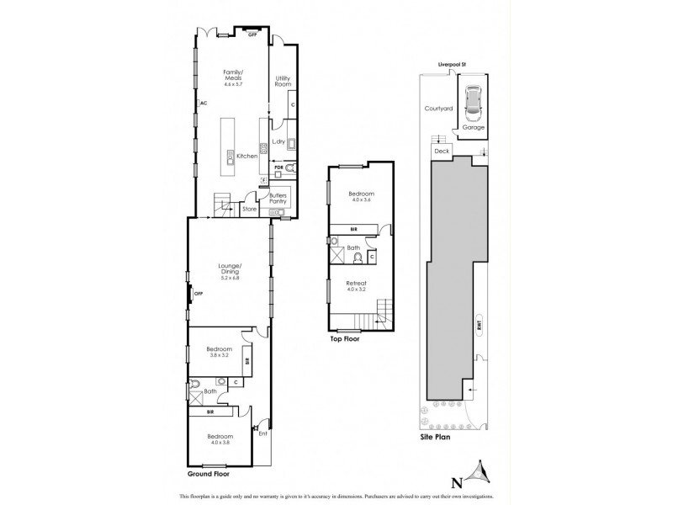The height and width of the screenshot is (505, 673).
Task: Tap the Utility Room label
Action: click(284, 82)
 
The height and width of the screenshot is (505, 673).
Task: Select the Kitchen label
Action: click(246, 156)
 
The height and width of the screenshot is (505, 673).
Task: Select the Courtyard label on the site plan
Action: click(438, 109)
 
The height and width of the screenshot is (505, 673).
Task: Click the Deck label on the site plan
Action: click(442, 151)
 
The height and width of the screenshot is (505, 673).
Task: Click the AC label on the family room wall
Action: click(202, 104)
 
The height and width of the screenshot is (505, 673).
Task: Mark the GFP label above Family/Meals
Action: click(252, 34)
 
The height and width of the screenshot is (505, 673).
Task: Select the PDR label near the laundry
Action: click(277, 167)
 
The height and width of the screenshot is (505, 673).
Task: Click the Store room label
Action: click(249, 208)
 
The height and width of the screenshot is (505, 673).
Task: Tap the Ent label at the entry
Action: click(262, 434)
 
